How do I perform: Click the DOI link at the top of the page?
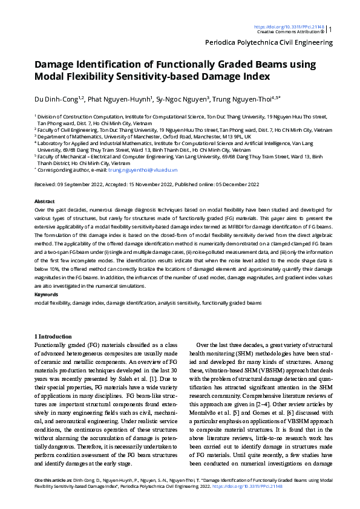289,27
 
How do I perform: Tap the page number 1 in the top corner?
330,29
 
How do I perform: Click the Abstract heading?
45,201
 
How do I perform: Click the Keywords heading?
47,294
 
